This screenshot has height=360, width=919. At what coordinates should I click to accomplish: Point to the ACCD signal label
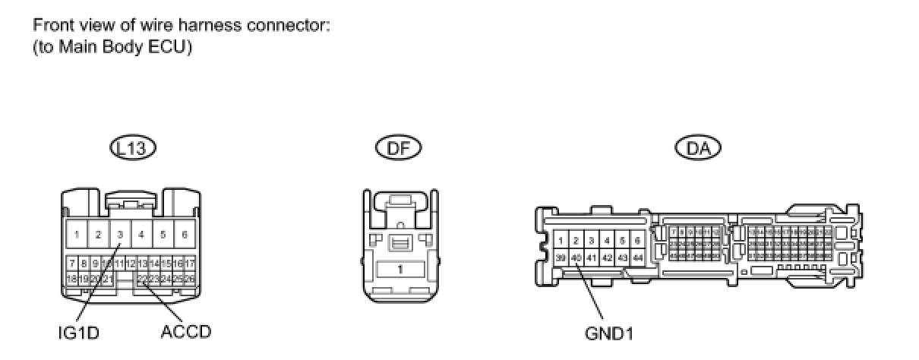pos(186,332)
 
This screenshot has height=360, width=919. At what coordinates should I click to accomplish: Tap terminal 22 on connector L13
pos(142,279)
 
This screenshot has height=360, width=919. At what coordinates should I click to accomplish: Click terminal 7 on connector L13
pos(71,263)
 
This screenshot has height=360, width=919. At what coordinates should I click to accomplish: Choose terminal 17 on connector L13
pos(190,263)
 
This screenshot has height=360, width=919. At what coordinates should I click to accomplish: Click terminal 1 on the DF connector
pos(399,270)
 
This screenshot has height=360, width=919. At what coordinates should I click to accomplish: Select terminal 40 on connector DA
pos(576,257)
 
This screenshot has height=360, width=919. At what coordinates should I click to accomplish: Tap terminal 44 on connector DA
pos(637,257)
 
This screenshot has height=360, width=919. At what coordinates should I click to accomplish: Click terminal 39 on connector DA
pos(561,257)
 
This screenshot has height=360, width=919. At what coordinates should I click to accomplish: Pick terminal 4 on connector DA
pos(606,240)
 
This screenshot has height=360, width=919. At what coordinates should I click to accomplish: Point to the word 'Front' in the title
pos(50,24)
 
